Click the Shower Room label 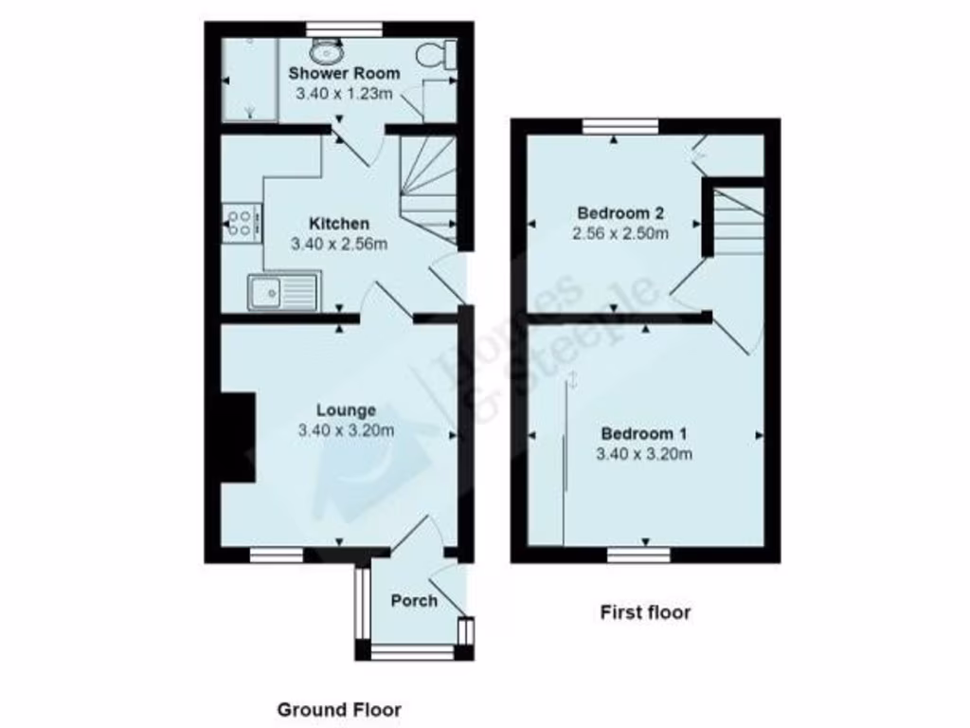coord(344,73)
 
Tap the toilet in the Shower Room coord(441,54)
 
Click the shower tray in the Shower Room coord(249,81)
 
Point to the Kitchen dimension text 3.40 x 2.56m coord(340,244)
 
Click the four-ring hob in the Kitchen coord(241,223)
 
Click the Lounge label coord(346,410)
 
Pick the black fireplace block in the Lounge coord(238,439)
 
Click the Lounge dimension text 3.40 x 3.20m coord(346,430)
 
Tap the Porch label coord(414,601)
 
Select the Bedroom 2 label coord(614,213)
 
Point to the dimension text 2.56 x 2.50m coord(620,233)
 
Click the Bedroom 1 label coord(644,434)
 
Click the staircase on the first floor coord(737,222)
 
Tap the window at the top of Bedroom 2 coord(620,125)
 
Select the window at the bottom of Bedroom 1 coord(639,555)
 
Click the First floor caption coord(645,612)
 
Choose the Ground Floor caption coord(338,709)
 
